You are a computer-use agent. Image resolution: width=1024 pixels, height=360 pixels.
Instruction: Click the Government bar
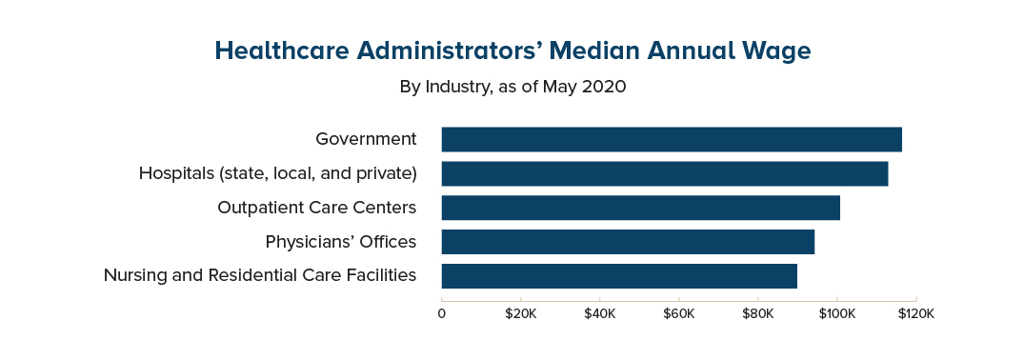[672, 139]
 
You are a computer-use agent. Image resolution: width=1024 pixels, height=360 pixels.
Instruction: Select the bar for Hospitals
[665, 173]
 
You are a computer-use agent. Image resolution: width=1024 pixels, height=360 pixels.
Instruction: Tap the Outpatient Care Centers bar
[640, 208]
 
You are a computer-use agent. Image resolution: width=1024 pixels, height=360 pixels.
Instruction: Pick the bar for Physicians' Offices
[628, 242]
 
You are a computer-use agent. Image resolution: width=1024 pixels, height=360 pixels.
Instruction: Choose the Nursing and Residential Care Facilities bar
[619, 276]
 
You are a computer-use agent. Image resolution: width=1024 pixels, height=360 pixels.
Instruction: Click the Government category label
[366, 139]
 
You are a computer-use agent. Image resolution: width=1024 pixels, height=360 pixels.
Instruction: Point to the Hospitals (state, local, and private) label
[277, 173]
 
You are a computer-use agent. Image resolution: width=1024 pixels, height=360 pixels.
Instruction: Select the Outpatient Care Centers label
[316, 208]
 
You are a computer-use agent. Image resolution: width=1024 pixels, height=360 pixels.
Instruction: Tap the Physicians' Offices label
[340, 242]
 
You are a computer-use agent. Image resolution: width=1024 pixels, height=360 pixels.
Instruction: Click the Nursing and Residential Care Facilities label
[259, 276]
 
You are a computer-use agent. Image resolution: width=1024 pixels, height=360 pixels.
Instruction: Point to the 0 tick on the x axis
[442, 313]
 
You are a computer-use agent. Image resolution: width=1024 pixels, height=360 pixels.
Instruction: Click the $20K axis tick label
[520, 313]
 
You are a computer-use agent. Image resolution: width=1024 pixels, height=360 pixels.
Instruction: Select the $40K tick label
[599, 313]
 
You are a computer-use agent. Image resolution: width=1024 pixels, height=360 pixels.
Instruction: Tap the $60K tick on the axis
[678, 313]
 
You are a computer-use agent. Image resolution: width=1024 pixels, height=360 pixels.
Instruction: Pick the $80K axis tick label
[757, 313]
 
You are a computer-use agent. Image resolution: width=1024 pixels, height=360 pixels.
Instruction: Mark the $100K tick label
[836, 313]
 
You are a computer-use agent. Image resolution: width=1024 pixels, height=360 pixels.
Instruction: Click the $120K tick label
[915, 313]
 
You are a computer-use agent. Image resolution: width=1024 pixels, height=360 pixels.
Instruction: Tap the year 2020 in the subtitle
[604, 87]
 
